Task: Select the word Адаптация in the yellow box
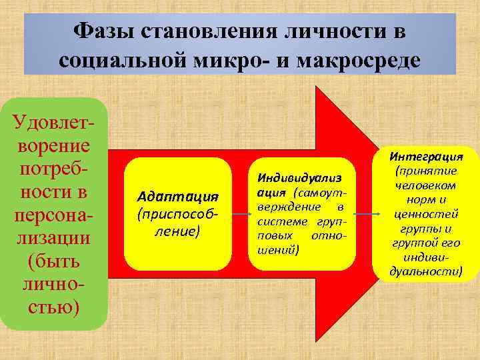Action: coord(177,196)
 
